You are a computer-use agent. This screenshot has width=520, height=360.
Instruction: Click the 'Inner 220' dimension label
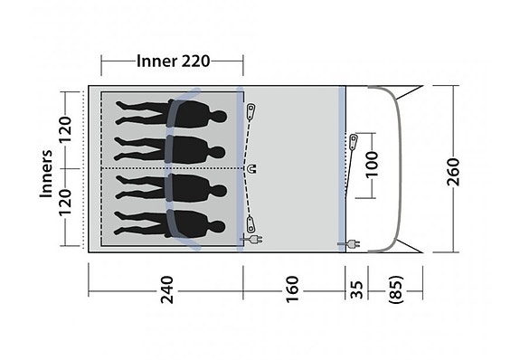point(173,62)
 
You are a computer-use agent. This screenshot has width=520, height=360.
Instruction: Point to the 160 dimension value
point(291,290)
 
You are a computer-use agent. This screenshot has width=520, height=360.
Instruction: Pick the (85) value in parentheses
point(394,290)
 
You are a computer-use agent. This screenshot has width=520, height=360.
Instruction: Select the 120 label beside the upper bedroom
point(64,130)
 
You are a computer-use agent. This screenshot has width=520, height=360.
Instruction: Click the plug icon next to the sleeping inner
point(248,241)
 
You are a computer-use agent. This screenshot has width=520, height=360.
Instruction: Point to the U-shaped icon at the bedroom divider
point(251,168)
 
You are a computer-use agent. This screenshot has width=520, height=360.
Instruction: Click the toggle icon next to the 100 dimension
point(355,141)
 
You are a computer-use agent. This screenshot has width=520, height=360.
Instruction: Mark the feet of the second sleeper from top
point(121,148)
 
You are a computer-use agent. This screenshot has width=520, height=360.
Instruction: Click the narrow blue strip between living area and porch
point(343,167)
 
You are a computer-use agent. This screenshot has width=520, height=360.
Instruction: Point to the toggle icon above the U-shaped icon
point(252,109)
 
